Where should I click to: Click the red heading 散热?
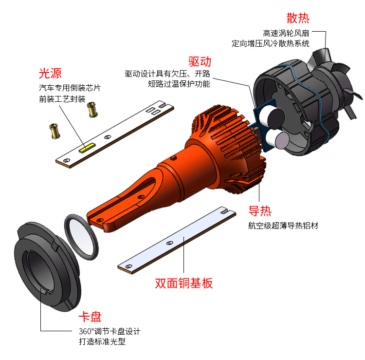point(298,18)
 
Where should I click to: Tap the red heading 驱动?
point(200,62)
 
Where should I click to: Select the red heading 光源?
point(50,74)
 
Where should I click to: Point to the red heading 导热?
point(260,211)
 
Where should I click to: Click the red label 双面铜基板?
point(183,284)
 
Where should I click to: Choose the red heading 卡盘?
point(90,317)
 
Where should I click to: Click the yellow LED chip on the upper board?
point(87,148)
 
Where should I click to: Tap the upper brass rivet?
point(92,110)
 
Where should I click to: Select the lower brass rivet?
point(55,131)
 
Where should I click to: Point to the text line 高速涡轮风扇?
point(286,33)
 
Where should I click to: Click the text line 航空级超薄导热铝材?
point(283,226)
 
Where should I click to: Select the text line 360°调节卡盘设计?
point(109,331)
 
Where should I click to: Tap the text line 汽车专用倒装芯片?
point(70,88)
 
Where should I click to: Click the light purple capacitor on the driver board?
point(282,140)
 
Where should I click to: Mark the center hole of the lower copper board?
point(170,243)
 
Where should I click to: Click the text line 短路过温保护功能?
point(179,84)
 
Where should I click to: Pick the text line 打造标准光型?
point(102,341)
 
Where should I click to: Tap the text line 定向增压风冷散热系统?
point(271,43)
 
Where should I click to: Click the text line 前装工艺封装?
point(62,99)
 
